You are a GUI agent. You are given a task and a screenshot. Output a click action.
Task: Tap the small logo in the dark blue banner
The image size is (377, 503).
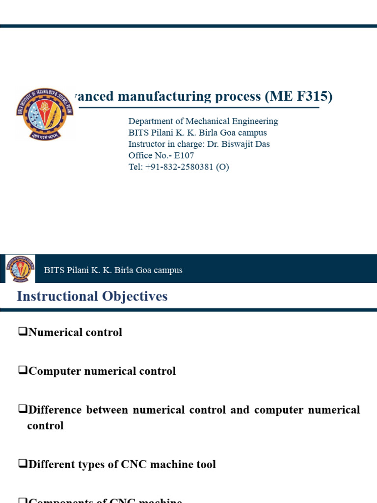(20, 269)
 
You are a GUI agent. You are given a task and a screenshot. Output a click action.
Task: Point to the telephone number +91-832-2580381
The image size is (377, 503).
(179, 167)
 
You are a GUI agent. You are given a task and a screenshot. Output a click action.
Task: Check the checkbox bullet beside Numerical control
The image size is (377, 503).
(22, 332)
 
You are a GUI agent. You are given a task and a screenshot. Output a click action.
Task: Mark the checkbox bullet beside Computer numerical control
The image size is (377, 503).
(22, 370)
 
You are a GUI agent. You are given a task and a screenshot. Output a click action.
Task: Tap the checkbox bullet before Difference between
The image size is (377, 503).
(22, 409)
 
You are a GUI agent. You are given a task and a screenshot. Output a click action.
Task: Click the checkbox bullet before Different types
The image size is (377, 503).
(22, 464)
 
